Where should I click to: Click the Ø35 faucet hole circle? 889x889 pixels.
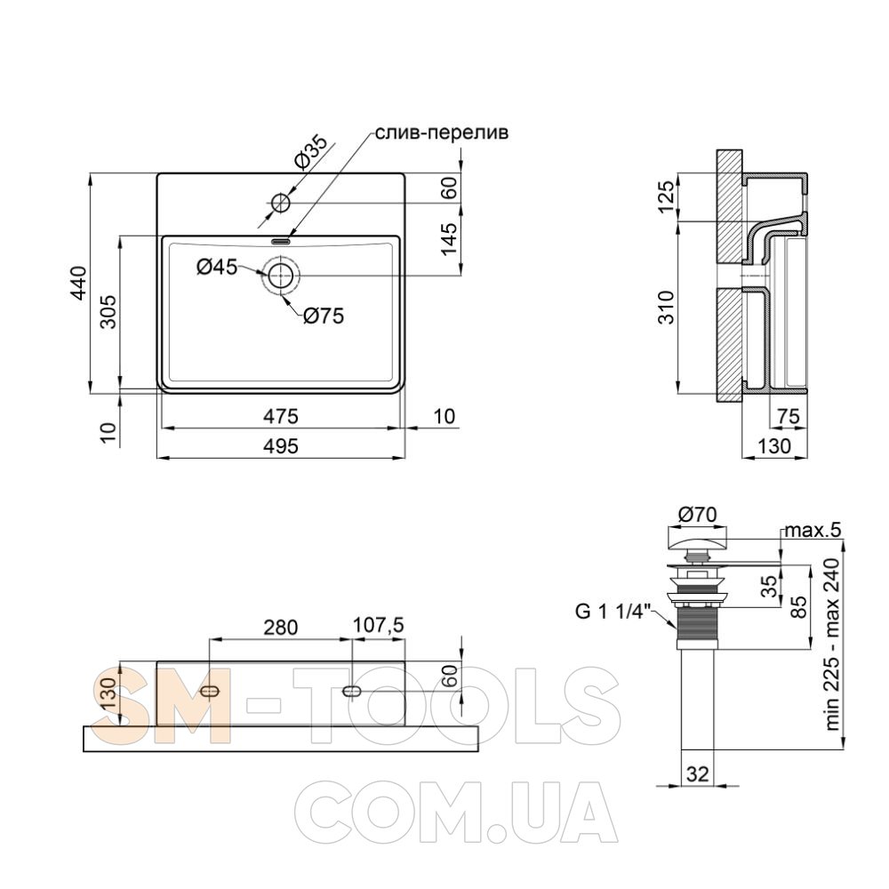pyautogui.click(x=280, y=203)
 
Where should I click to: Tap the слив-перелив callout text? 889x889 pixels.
pyautogui.click(x=442, y=132)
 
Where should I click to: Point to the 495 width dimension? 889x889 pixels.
pyautogui.click(x=281, y=445)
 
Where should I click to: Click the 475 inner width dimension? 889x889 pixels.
pyautogui.click(x=281, y=416)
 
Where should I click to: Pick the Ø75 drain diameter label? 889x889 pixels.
pyautogui.click(x=324, y=316)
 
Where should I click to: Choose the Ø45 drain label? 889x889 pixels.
pyautogui.click(x=217, y=266)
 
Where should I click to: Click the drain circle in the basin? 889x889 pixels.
pyautogui.click(x=280, y=276)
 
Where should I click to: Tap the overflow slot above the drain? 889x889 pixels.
pyautogui.click(x=281, y=241)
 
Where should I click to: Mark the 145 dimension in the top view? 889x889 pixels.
pyautogui.click(x=448, y=238)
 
